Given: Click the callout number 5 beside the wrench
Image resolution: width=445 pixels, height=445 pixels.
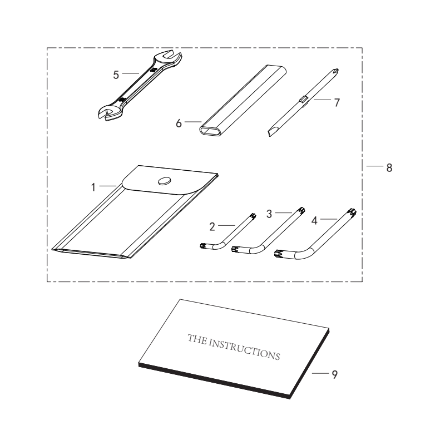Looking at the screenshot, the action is [x=116, y=75].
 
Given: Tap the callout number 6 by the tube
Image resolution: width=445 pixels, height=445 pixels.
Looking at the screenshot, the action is [x=179, y=123].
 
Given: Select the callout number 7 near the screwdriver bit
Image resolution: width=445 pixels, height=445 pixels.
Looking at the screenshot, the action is [x=337, y=102].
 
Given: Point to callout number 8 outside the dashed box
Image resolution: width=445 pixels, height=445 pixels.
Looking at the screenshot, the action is [x=389, y=168].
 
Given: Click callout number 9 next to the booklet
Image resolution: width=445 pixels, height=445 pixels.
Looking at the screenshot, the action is [x=335, y=374].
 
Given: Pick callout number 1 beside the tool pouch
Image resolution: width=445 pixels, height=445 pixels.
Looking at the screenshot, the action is [x=93, y=187].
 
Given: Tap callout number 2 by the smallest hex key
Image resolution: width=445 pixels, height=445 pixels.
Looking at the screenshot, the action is [x=212, y=227].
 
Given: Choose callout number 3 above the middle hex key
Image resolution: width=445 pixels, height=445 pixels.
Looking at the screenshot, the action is [x=269, y=214].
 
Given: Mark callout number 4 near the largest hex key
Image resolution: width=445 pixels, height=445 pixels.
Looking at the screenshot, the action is [x=314, y=220].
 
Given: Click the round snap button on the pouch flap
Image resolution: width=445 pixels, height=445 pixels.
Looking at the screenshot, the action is [x=165, y=181].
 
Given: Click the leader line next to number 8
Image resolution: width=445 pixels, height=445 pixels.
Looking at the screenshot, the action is [x=374, y=166].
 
